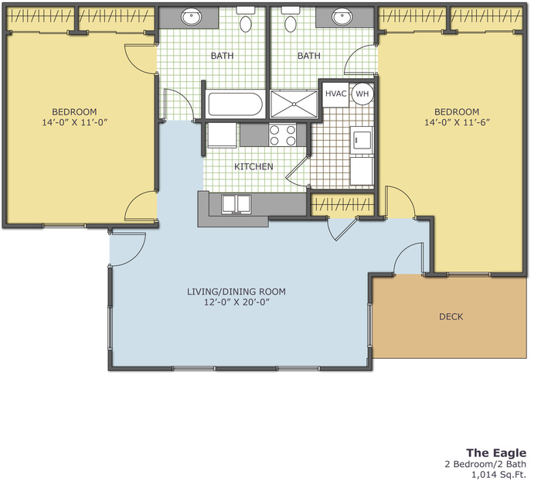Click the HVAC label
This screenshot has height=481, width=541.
pos(335,94)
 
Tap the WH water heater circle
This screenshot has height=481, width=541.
pos(362,94)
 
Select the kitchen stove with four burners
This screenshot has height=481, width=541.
pos(283,135)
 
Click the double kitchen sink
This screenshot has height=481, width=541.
pos(236,203)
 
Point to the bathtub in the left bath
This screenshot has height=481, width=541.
pos(235,104)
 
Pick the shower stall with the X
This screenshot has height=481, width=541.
pos(294,104)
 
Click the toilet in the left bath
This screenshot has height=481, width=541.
pos(245,20)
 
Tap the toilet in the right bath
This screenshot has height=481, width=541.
pos(290,20)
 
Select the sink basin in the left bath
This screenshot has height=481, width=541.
pos(192,17)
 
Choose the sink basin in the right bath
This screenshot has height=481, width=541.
pos(342,16)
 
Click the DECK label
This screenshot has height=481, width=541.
pos(451,316)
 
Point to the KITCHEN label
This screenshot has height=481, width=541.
pos(253,167)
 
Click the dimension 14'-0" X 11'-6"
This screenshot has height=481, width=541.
pos(457,122)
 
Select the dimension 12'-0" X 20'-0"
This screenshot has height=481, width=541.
pos(236,302)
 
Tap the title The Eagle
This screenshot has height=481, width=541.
pos(496,452)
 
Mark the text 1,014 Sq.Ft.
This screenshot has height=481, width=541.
pos(499,475)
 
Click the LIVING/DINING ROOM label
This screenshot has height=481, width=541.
pos(236,292)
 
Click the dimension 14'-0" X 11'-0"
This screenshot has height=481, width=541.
pos(75,122)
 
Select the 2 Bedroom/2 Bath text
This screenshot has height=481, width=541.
pos(485,464)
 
